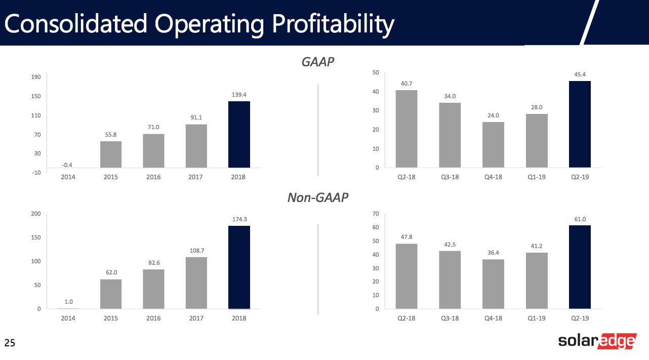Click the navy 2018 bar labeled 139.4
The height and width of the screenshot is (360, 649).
239,135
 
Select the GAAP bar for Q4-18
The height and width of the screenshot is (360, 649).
493,145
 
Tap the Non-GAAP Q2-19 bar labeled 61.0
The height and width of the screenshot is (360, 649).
580,267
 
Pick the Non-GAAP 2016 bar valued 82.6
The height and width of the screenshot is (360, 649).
153,289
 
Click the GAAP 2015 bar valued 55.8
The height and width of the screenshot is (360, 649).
111,154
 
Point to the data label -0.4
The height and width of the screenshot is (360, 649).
67,165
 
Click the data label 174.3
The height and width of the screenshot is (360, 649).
239,219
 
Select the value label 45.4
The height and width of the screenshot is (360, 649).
580,74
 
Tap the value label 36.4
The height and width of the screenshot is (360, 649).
493,253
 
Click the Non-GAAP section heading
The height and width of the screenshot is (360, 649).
318,197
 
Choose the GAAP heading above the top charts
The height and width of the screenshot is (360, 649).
318,62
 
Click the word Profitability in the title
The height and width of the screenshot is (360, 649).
333,24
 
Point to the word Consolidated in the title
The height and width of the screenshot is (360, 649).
76,23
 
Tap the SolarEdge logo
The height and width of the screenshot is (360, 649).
597,341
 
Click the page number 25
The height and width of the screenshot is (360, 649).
10,343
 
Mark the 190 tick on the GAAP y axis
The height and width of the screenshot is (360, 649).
36,77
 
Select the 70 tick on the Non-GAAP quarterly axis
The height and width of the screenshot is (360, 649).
376,214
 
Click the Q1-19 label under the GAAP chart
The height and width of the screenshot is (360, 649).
536,177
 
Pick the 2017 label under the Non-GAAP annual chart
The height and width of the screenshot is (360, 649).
196,318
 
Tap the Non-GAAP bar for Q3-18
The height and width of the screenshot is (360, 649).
450,279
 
